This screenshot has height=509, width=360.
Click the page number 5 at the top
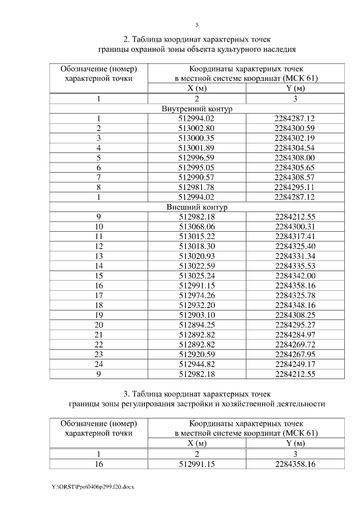(197, 25)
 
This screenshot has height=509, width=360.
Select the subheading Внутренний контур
(197, 109)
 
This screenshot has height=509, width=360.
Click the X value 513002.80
(197, 128)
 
